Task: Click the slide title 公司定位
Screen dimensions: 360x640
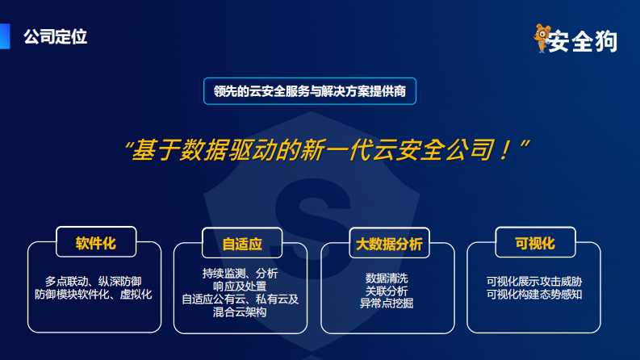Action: [x=55, y=36]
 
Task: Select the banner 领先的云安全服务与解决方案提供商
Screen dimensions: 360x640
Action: [x=310, y=91]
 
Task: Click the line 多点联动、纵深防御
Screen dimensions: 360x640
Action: [x=94, y=283]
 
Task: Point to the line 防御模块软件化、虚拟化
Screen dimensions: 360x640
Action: [x=94, y=295]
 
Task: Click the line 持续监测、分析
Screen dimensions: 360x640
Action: [x=240, y=273]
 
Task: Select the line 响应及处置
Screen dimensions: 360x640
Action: [x=240, y=286]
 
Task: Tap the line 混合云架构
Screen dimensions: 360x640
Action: [x=240, y=312]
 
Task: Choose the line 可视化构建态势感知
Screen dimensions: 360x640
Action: [x=534, y=295]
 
